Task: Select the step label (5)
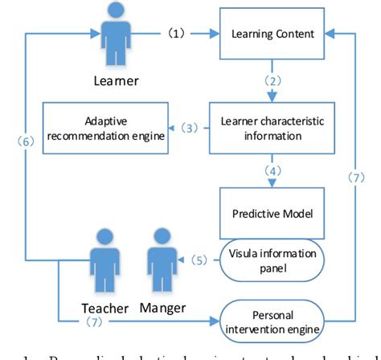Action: coord(197,259)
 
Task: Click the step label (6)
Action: coord(26,139)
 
